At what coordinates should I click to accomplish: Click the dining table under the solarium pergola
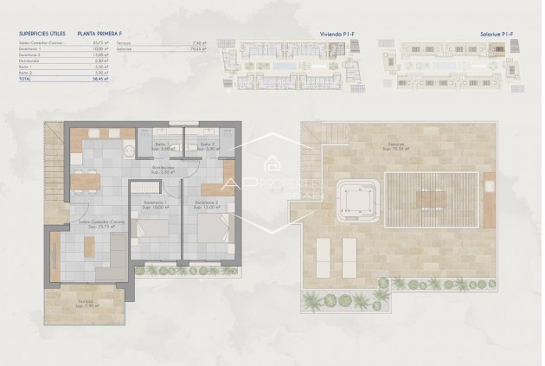429,200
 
